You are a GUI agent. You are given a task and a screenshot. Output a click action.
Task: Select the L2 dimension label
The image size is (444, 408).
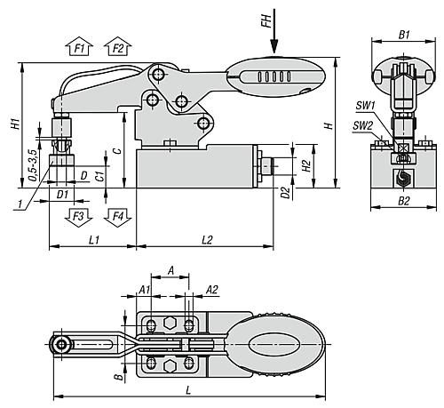207,239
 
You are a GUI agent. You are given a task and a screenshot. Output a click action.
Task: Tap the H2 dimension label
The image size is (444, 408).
305,165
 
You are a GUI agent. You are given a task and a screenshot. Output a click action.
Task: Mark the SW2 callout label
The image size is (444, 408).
361,125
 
